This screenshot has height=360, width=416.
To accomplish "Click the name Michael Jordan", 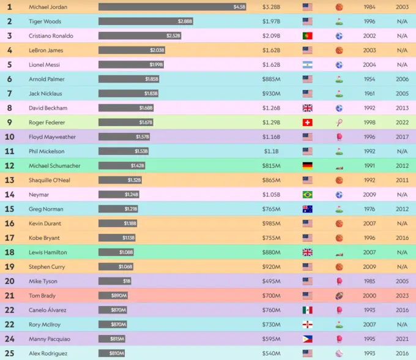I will point(48,7).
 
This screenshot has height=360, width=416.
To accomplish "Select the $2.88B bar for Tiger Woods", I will point(146,21).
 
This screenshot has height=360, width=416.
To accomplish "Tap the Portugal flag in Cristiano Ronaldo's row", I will point(307,36).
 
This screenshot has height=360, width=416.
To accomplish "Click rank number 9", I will point(9,122).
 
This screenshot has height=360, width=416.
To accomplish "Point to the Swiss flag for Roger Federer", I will point(307,122).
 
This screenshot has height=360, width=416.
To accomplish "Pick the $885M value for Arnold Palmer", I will point(271,79).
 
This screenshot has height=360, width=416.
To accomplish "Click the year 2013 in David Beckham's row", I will point(402,108).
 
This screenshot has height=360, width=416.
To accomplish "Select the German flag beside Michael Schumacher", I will point(307,165).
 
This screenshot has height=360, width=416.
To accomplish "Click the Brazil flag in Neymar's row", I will point(307,195).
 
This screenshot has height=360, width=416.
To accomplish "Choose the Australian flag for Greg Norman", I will point(307,209).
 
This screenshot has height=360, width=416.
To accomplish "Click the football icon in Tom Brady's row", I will point(339,296).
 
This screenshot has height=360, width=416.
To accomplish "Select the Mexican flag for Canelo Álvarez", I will point(307,310).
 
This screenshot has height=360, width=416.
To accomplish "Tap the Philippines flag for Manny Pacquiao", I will point(307,339).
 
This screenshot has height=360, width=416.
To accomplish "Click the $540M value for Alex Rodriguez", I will point(271,353).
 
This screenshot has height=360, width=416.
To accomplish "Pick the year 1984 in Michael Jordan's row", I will point(370,7).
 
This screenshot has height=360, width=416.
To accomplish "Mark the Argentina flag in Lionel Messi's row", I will point(307,65).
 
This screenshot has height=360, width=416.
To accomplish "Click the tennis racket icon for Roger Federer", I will point(339,122).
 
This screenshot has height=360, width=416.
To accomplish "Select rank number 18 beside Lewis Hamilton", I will point(9,252).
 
